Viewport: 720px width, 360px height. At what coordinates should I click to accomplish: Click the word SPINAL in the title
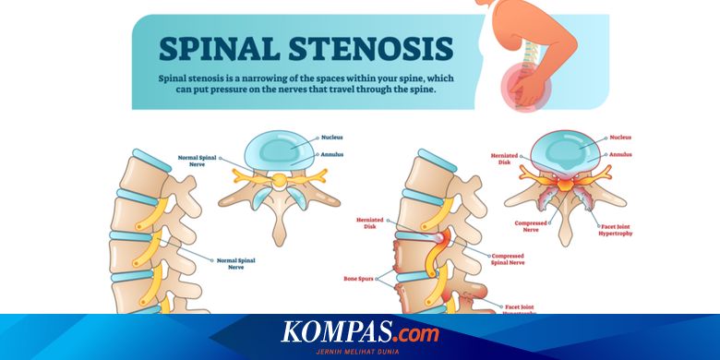[x=218, y=49]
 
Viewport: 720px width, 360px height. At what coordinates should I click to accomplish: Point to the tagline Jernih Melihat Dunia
[x=360, y=350]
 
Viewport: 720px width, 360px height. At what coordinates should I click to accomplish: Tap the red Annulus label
[x=619, y=153]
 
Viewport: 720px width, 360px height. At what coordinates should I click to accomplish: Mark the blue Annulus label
[x=332, y=153]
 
